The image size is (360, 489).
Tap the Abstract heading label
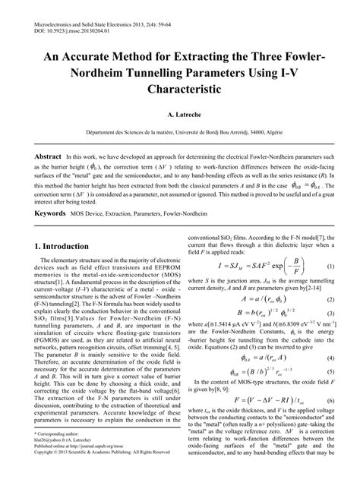click(43, 156)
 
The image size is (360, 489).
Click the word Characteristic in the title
click(180, 88)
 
